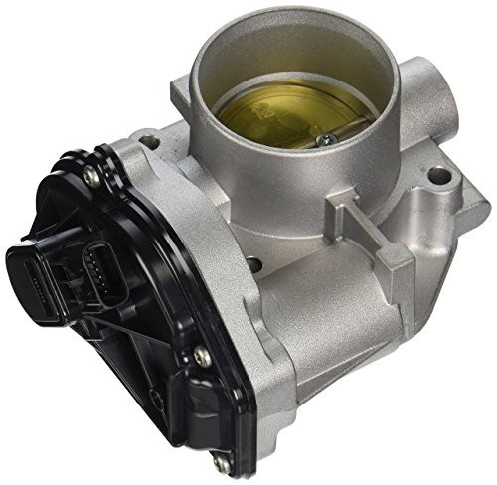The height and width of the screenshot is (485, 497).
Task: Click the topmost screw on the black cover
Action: [x=91, y=177]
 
